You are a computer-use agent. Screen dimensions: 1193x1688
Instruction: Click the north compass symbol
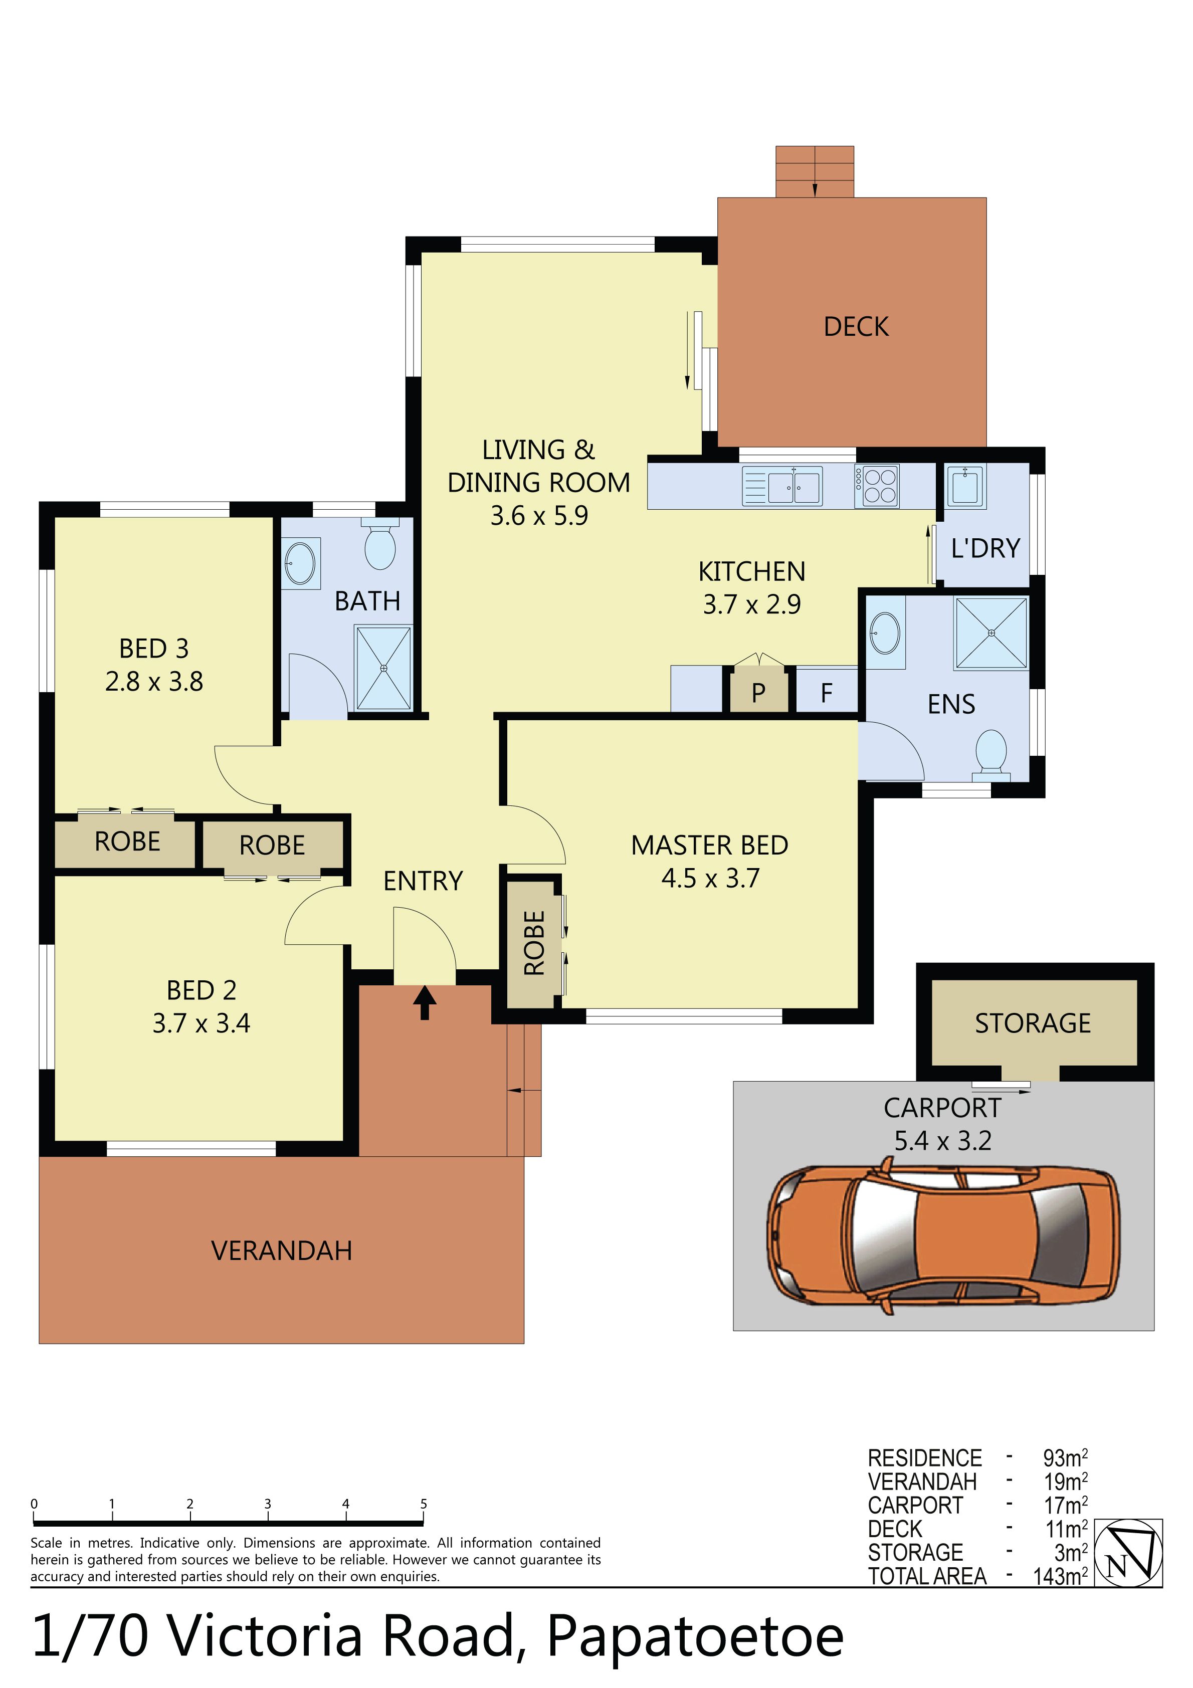point(1128,1553)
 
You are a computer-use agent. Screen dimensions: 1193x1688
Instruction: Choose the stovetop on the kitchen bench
point(877,486)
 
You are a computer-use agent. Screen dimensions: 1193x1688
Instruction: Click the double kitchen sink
point(782,486)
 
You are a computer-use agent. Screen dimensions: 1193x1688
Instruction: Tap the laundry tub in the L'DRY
point(965,486)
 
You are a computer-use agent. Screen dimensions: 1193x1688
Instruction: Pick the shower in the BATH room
point(383,668)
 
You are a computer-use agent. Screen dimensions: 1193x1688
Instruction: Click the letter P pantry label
point(758,693)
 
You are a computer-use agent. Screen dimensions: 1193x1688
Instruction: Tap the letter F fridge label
point(827,693)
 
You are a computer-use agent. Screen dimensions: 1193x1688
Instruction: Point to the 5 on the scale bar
point(424,1504)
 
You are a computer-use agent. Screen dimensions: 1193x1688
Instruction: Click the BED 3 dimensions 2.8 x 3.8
point(154,682)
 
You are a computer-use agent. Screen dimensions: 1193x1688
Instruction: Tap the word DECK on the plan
point(856,326)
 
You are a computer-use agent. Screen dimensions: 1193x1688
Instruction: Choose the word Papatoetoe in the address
point(695,1636)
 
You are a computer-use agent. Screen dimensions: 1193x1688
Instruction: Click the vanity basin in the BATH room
point(300,563)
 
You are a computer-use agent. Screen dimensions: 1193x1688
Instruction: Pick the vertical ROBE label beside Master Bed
point(534,943)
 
